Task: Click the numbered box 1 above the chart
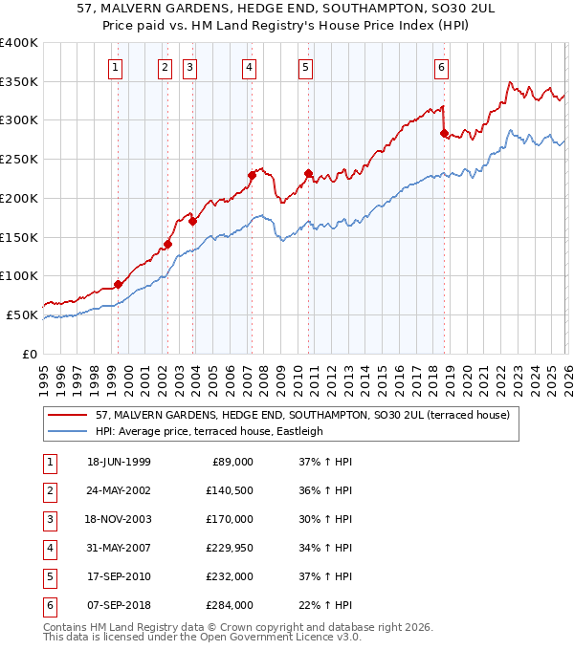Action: (115, 67)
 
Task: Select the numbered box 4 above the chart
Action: (249, 67)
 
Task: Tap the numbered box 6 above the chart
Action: (441, 67)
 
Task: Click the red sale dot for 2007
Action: (252, 175)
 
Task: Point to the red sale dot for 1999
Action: (119, 284)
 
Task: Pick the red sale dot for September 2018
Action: (444, 133)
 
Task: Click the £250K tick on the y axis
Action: (19, 160)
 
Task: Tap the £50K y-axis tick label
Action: (22, 314)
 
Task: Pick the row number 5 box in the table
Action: (47, 576)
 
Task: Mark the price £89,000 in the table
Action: (232, 462)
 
